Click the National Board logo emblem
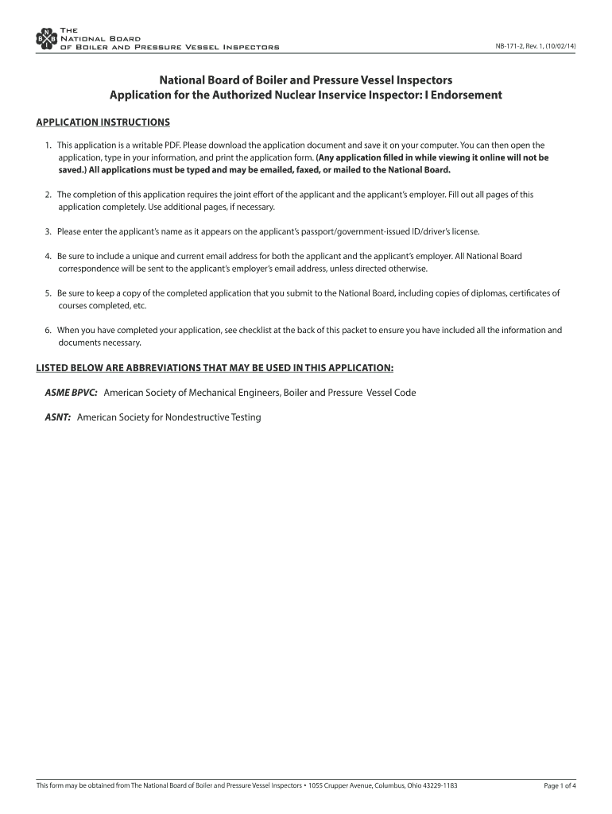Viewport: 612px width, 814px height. click(x=47, y=38)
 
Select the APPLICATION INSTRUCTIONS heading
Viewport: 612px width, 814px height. click(x=103, y=122)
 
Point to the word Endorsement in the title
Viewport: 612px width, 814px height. click(x=466, y=95)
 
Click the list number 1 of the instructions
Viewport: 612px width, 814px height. click(x=48, y=145)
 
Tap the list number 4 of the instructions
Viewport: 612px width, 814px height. click(x=48, y=256)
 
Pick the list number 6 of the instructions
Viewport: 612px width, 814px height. click(x=48, y=330)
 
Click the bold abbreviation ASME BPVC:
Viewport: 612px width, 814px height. click(x=71, y=393)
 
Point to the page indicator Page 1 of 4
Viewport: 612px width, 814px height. click(x=560, y=786)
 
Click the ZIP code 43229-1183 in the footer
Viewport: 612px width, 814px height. click(x=436, y=786)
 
